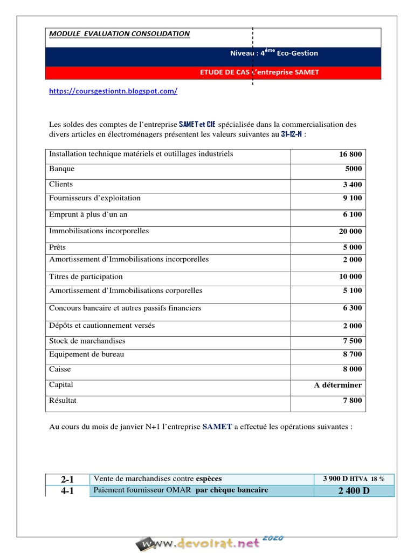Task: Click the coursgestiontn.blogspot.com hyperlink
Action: click(x=113, y=91)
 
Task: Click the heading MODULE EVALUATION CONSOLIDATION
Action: click(x=119, y=33)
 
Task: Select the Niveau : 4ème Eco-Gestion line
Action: click(x=274, y=53)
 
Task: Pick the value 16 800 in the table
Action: click(x=350, y=154)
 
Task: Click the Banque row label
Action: click(x=62, y=169)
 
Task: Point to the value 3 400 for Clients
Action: click(x=353, y=185)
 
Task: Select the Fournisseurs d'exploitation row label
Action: click(x=95, y=198)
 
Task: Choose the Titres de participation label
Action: click(x=86, y=276)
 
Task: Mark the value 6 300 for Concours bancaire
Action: click(x=353, y=308)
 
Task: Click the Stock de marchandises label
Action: click(x=87, y=341)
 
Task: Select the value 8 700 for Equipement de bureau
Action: click(x=353, y=355)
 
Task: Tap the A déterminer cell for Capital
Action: click(x=338, y=385)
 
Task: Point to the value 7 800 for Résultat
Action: click(x=353, y=401)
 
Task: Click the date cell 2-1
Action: click(x=67, y=479)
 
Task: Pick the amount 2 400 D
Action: click(x=354, y=490)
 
